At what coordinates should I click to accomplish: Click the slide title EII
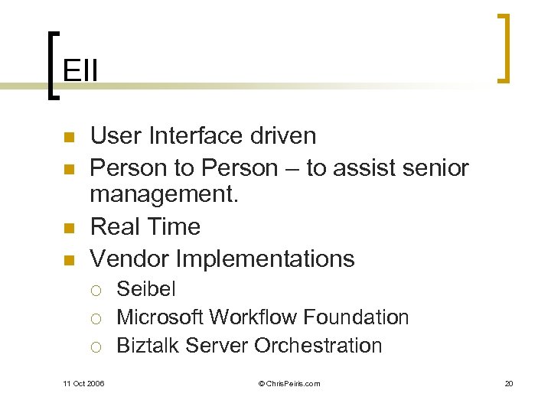80,70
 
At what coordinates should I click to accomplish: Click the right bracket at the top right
503,47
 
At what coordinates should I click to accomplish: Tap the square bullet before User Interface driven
67,138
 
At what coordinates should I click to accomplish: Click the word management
164,196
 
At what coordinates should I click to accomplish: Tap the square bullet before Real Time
67,229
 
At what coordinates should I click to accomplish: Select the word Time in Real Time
176,227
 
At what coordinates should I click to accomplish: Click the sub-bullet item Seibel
145,289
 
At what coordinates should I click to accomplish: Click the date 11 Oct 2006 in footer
83,383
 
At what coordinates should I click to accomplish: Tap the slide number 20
508,383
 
